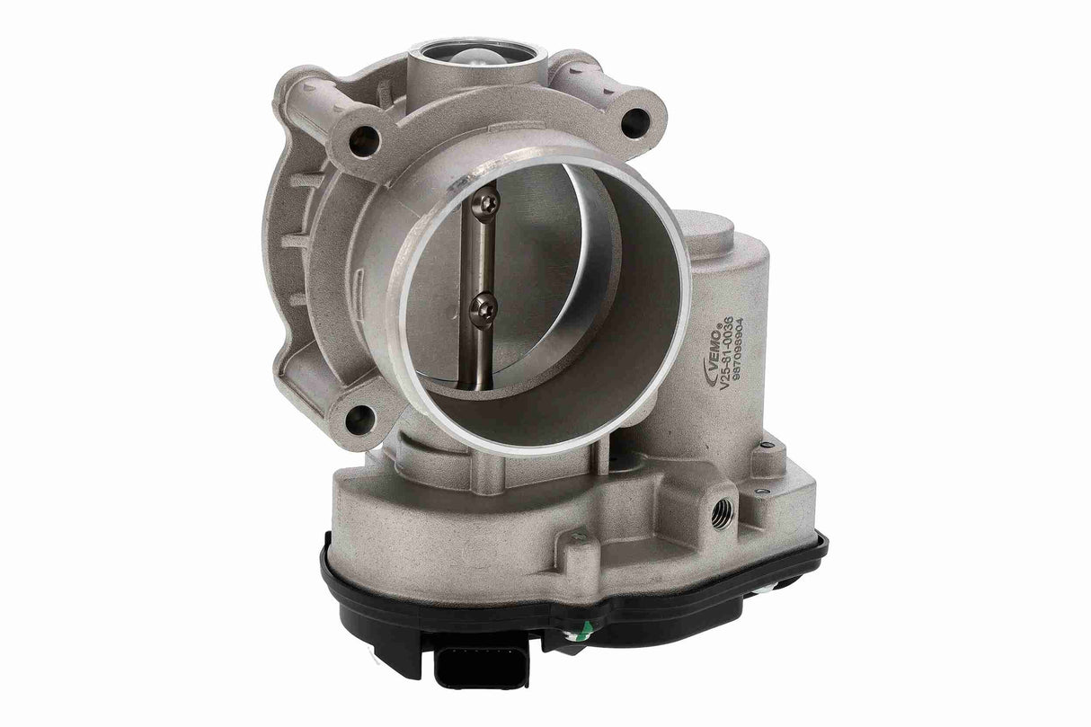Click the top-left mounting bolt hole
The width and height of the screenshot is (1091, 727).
(x=364, y=136)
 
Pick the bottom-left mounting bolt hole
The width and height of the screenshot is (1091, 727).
(x=358, y=415)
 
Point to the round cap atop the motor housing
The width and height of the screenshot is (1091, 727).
(x=706, y=227)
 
